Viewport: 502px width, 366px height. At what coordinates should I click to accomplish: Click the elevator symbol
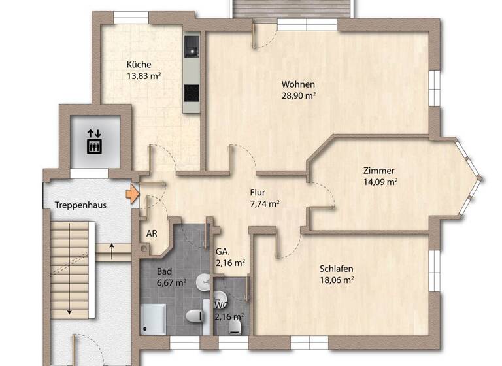tap(94, 139)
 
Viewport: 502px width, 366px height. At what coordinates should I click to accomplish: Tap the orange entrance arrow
tap(133, 194)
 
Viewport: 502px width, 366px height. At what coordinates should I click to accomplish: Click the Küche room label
tap(139, 65)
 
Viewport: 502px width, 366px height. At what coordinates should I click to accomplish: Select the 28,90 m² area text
tap(299, 95)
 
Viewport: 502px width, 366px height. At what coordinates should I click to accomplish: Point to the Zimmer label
tap(379, 171)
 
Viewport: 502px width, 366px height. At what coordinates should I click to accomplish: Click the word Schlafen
tap(337, 268)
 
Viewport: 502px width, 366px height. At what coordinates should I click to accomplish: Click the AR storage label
tap(151, 233)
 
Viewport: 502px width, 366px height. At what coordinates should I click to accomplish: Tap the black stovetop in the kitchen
tap(192, 93)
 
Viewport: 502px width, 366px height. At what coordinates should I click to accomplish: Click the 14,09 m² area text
tap(382, 182)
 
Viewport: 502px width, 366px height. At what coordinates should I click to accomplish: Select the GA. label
tap(222, 252)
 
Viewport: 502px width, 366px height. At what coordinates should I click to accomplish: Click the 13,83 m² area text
tap(144, 76)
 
